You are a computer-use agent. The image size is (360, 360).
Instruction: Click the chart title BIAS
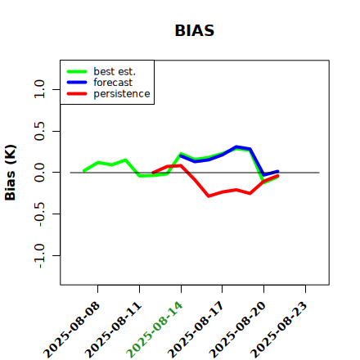[195, 30]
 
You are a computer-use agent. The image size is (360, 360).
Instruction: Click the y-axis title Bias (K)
[11, 173]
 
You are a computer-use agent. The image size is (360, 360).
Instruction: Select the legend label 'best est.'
[115, 71]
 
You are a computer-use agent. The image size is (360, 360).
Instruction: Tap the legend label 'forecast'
[113, 83]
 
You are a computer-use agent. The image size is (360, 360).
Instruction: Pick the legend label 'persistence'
[122, 94]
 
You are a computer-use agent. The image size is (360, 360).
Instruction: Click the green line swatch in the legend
[77, 71]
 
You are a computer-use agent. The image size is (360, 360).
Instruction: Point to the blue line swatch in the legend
[77, 83]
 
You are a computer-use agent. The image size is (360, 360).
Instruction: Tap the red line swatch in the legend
[77, 94]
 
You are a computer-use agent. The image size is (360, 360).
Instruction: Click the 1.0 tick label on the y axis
[39, 89]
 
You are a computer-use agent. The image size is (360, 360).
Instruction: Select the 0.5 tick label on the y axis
[39, 131]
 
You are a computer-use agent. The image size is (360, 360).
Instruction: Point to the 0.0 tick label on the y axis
[39, 173]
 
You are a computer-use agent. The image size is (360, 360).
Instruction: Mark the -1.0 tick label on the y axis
[39, 256]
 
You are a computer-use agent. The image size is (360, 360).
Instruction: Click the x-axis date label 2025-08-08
[71, 330]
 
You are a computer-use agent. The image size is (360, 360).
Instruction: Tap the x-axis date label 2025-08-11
[113, 330]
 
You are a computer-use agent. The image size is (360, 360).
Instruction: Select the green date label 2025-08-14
[155, 330]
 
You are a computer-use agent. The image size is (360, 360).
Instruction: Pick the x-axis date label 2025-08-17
[196, 330]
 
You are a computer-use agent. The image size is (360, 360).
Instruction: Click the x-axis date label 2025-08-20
[237, 330]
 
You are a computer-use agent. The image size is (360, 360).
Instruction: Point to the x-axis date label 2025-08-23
[279, 330]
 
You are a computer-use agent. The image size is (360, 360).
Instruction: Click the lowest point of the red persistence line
[209, 196]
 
